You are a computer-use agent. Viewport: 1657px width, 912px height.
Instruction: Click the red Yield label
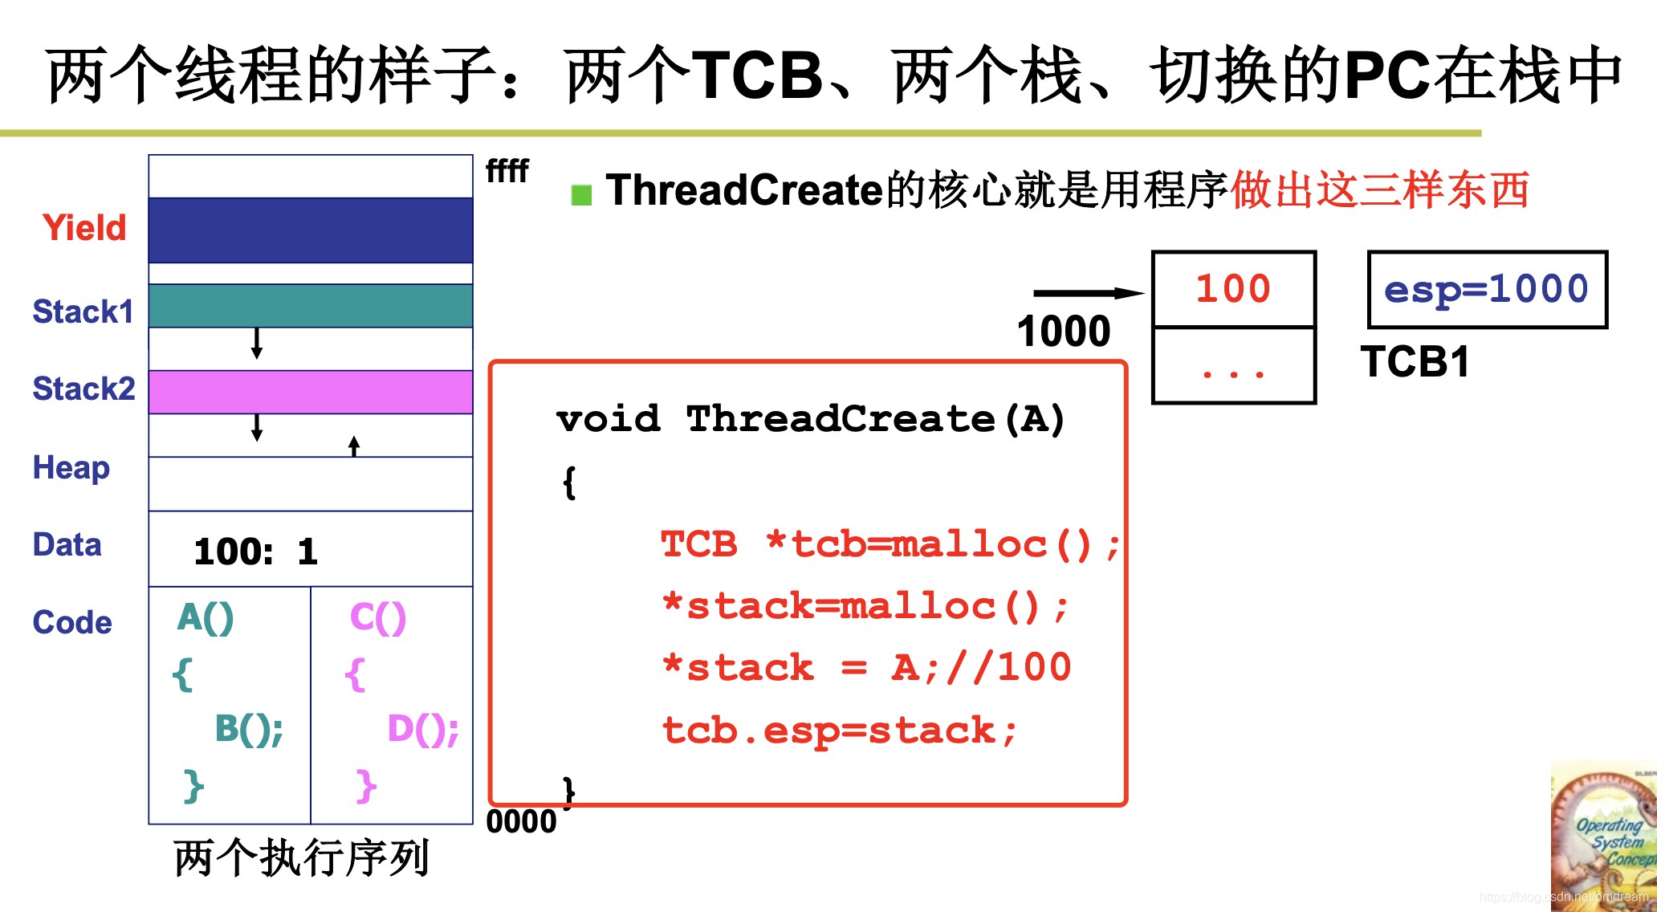tap(84, 228)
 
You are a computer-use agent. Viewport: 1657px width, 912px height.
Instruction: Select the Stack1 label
tap(83, 311)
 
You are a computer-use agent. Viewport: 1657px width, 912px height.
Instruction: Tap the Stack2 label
tap(83, 389)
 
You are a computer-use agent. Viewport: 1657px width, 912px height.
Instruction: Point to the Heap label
tap(71, 467)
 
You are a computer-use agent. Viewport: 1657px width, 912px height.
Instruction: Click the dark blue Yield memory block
tap(311, 230)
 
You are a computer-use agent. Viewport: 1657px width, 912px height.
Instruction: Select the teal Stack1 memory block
tap(311, 306)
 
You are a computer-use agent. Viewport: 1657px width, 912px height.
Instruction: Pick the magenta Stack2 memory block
tap(311, 392)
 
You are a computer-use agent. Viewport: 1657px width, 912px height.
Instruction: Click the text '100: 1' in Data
tap(255, 552)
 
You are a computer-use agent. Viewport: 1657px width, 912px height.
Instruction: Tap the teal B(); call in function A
tap(249, 729)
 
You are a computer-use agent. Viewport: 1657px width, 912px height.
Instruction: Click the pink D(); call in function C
tap(422, 729)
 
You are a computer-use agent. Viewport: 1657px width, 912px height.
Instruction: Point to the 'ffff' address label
tap(507, 171)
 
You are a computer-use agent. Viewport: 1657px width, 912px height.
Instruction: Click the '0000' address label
tap(521, 821)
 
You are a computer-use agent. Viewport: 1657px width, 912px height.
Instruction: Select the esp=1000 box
tap(1487, 290)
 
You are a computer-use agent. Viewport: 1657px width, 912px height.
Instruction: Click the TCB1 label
tap(1415, 361)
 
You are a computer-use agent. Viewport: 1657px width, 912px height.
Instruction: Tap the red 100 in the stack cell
tap(1233, 289)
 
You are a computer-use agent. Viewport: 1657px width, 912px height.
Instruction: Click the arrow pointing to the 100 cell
tap(1088, 293)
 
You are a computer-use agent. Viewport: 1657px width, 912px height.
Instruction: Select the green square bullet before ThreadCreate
tap(581, 194)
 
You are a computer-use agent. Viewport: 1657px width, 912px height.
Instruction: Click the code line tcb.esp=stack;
tap(839, 731)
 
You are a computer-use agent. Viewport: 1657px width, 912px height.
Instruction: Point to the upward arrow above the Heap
tap(354, 446)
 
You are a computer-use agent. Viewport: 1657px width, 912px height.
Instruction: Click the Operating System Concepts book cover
tap(1603, 835)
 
